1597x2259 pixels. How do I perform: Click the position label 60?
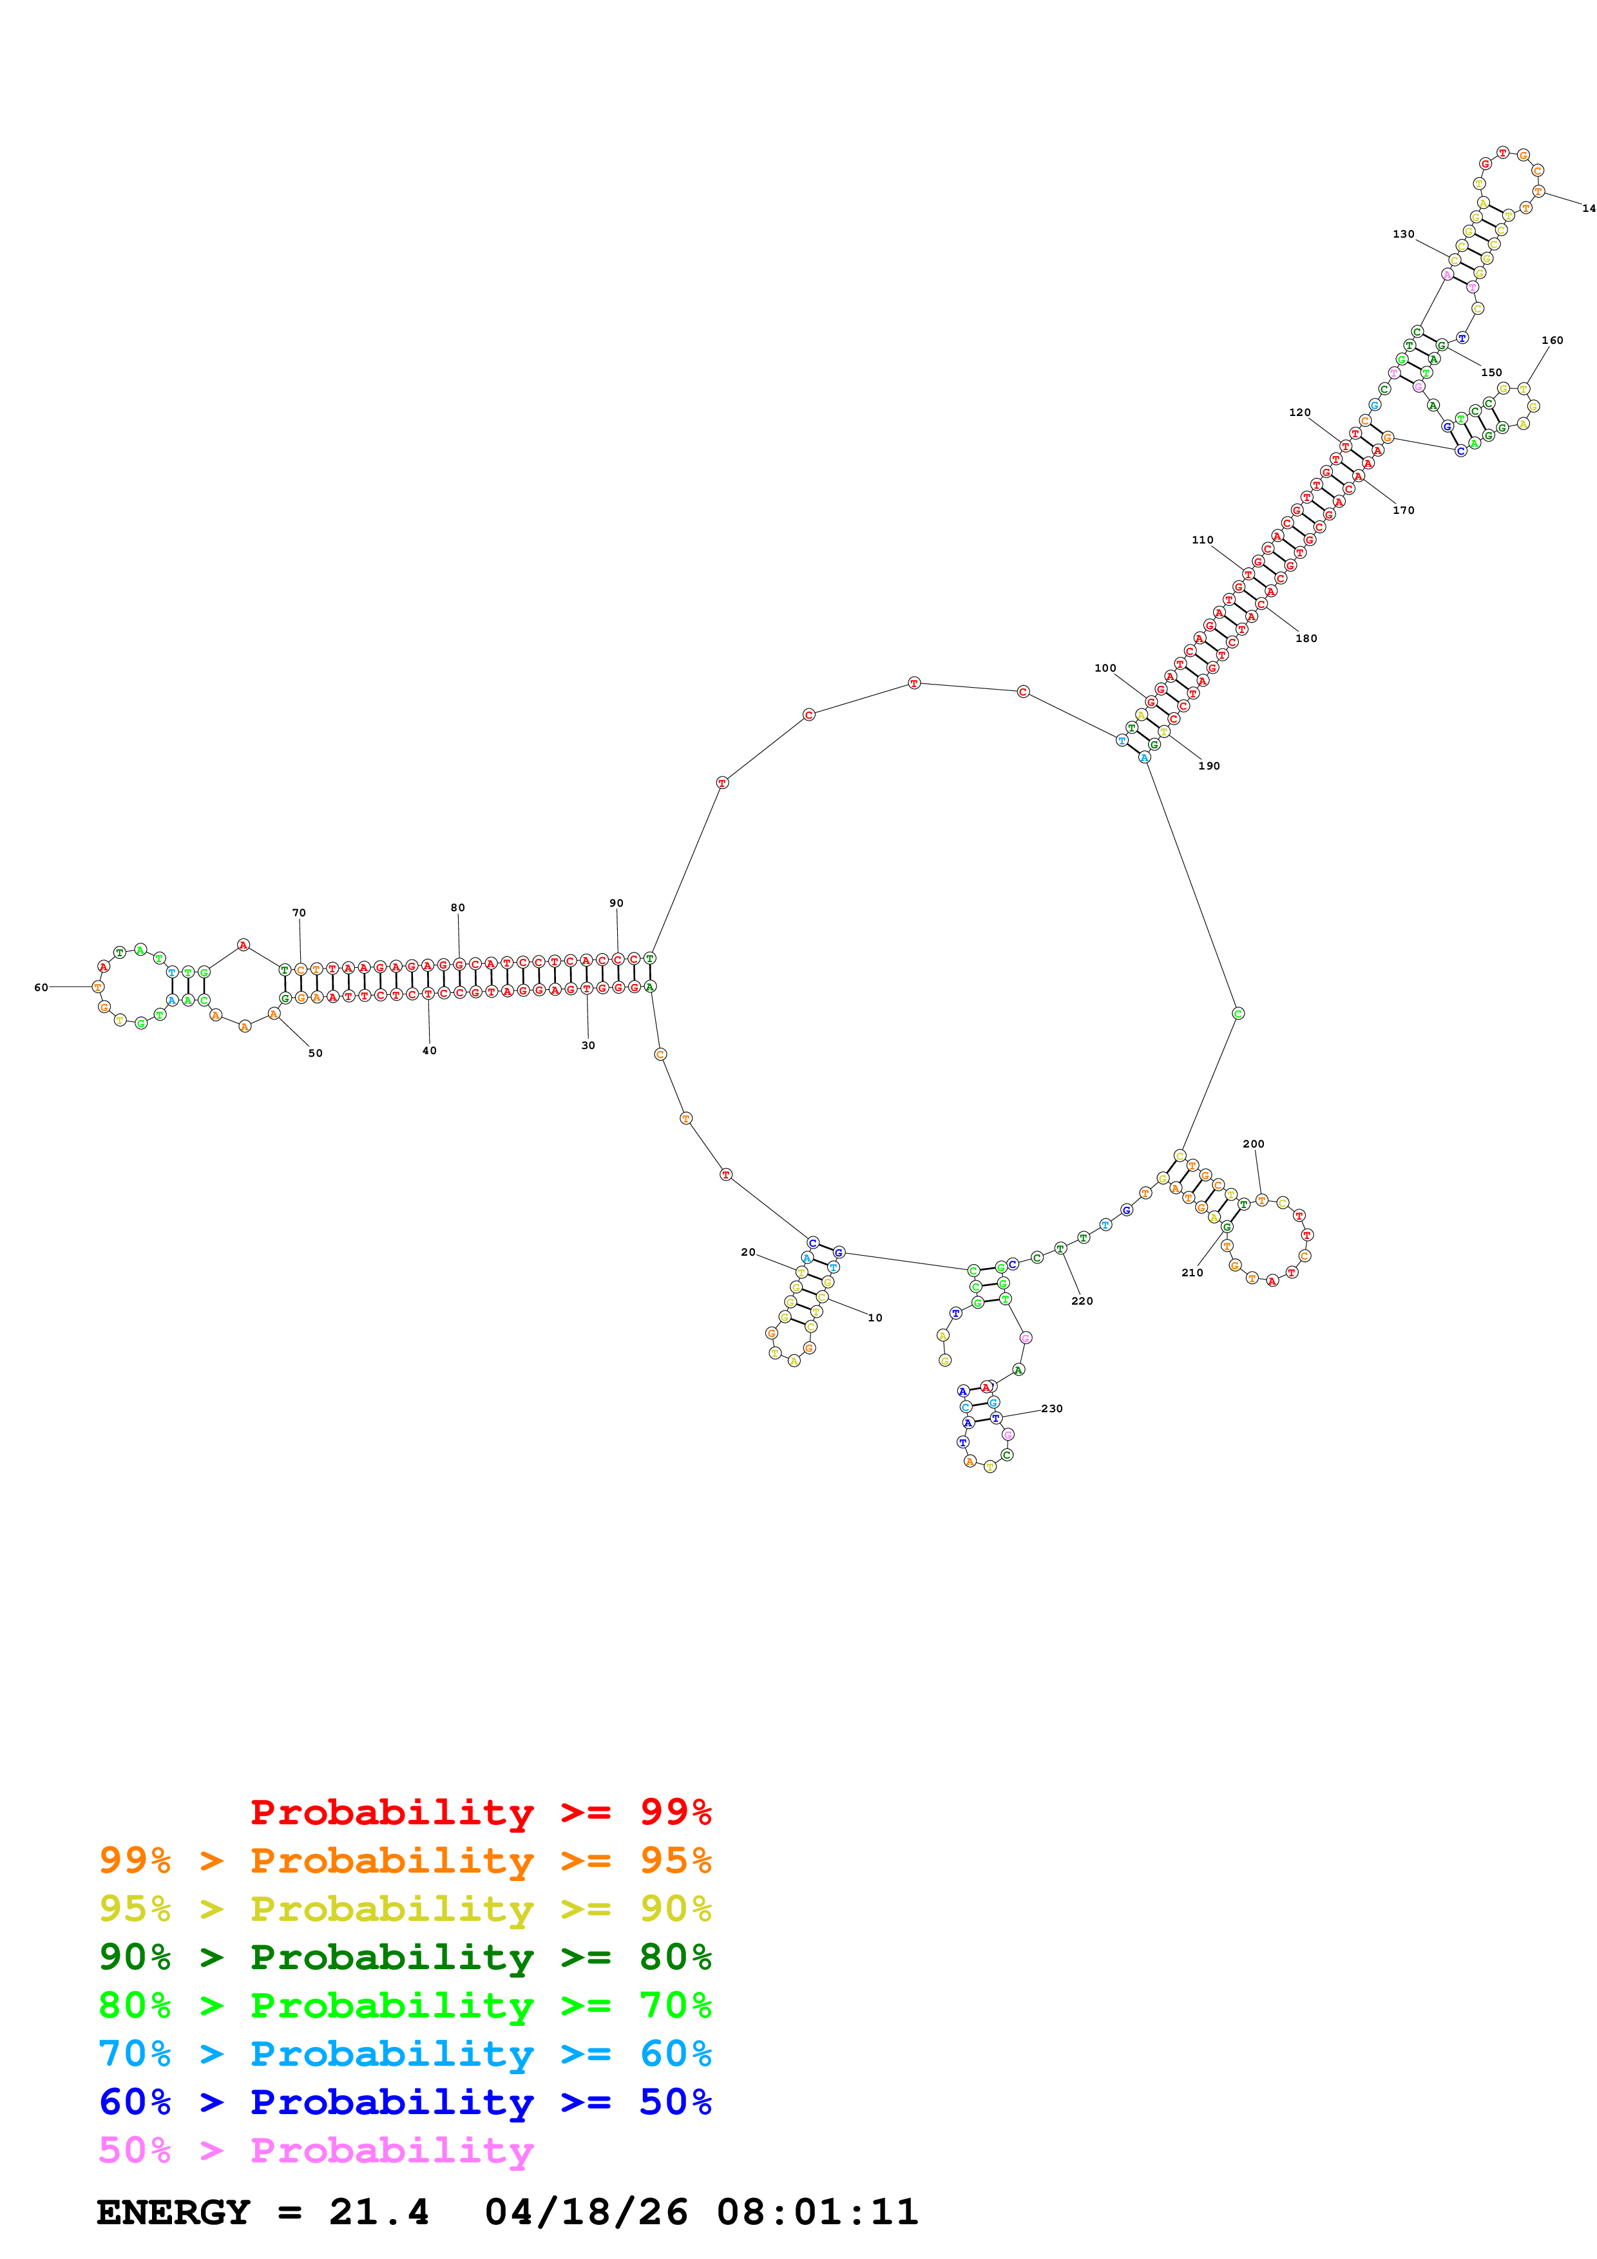point(41,987)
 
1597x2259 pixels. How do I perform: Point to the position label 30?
point(588,1045)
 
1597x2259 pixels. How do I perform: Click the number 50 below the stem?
point(315,1053)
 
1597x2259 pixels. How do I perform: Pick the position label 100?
point(1105,667)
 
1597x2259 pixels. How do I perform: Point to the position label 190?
point(1209,766)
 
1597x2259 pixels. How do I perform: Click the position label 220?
point(1082,1301)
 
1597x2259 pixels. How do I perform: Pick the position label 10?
point(875,1318)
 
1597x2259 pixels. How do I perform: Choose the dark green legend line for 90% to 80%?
point(405,1957)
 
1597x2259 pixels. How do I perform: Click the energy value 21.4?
point(379,2212)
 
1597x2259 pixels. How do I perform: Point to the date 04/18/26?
point(586,2212)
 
